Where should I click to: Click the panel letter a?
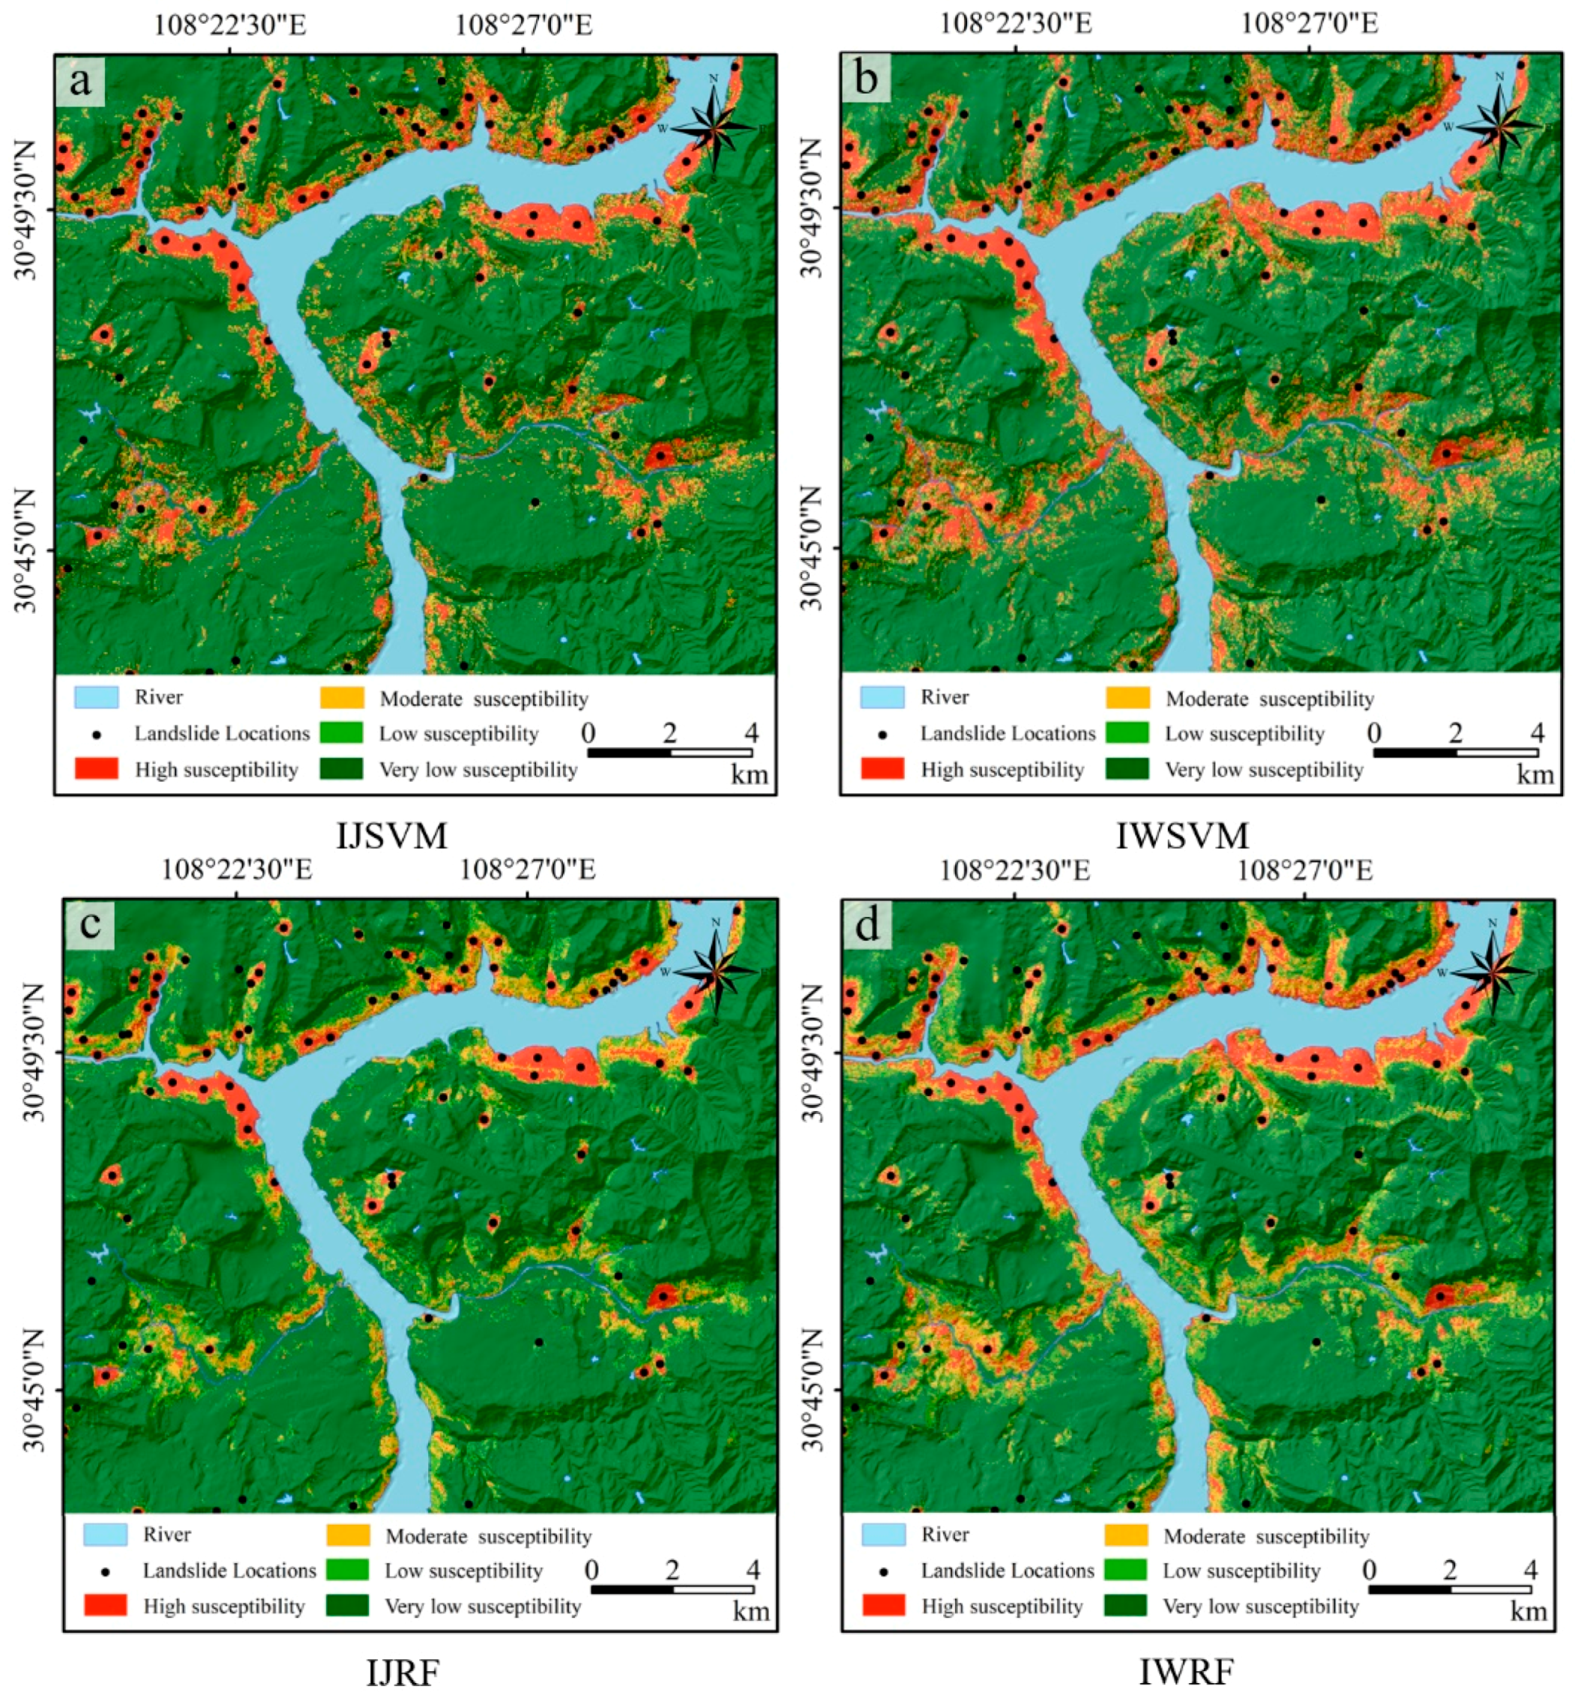click(80, 81)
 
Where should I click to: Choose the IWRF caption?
click(1186, 1673)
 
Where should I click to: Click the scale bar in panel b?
click(1456, 752)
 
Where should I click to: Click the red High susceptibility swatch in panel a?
click(97, 769)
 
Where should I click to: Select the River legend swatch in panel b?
click(881, 697)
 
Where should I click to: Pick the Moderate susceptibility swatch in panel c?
click(348, 1535)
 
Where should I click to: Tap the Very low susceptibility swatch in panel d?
click(1126, 1605)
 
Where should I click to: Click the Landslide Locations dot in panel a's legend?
click(97, 734)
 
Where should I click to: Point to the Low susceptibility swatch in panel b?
click(1127, 733)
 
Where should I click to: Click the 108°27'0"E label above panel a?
click(523, 25)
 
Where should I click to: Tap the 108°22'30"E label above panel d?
click(1014, 871)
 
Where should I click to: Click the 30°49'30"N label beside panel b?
click(811, 207)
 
